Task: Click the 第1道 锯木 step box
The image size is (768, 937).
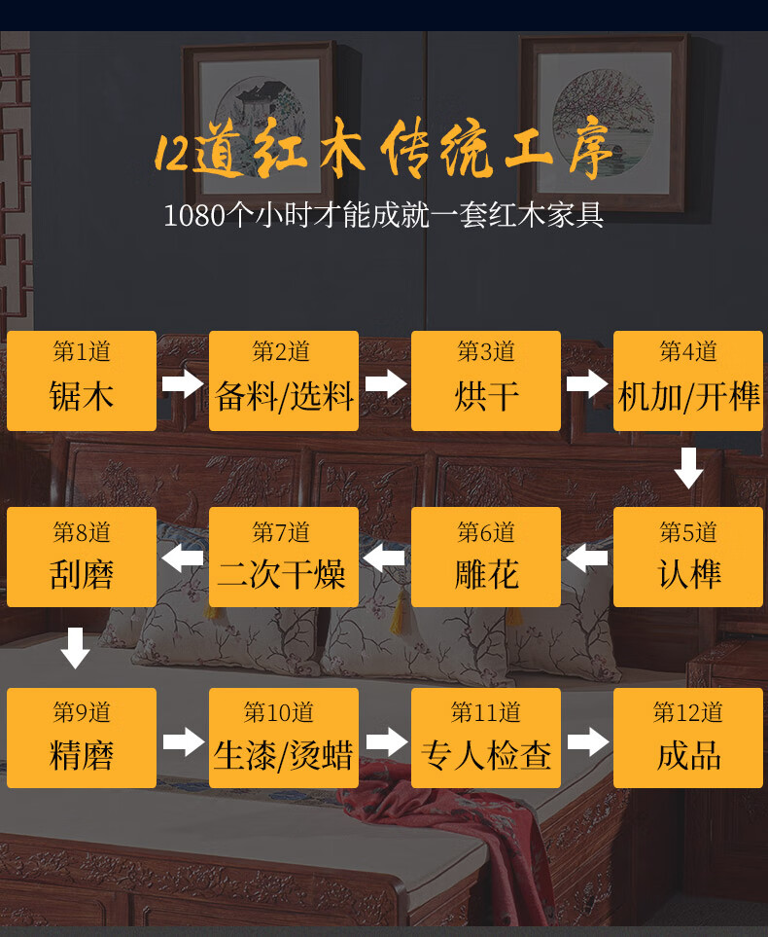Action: [x=82, y=380]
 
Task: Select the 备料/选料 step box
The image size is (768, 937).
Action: [x=284, y=380]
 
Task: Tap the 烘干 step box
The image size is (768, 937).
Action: [x=486, y=380]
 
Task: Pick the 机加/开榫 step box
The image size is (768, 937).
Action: [x=688, y=380]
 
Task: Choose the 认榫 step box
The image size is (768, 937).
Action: [x=688, y=558]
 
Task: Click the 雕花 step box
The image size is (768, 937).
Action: [x=486, y=558]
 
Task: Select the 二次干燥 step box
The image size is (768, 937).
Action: [x=284, y=558]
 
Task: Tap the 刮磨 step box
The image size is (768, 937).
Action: [x=82, y=558]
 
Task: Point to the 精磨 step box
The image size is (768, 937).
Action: [x=82, y=739]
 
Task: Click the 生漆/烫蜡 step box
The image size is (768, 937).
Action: [x=284, y=739]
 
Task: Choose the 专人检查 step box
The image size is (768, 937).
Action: [x=486, y=739]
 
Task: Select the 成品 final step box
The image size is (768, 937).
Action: [x=688, y=739]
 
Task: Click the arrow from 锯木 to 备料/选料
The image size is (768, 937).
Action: [x=183, y=383]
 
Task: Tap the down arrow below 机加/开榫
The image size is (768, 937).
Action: [x=688, y=468]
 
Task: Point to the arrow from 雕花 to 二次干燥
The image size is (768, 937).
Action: [x=384, y=559]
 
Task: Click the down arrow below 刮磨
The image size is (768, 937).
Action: [x=75, y=648]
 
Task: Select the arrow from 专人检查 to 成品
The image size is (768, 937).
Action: [x=587, y=742]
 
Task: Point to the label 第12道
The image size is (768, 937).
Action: [x=688, y=712]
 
